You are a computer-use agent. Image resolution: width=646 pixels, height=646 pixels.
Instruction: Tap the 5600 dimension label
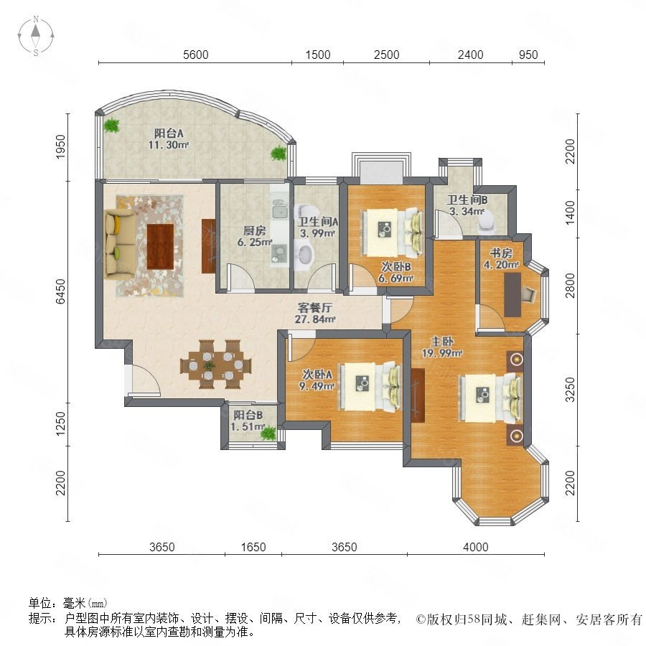(196, 55)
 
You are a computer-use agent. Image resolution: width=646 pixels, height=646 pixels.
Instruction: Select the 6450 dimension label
(60, 291)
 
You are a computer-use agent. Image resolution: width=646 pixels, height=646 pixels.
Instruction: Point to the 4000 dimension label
(475, 547)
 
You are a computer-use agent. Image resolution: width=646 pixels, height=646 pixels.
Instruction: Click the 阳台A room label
(169, 133)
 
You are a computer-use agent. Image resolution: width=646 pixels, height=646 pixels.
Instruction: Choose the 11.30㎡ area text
(169, 145)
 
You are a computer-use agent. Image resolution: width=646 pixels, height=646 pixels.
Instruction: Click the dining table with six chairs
(215, 364)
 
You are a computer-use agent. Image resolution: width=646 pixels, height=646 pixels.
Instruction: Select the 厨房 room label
(254, 230)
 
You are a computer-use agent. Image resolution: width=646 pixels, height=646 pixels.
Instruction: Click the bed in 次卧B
(392, 233)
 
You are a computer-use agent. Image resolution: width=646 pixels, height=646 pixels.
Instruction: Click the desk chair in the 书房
(528, 294)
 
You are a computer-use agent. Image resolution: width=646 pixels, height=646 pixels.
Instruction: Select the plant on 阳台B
(268, 433)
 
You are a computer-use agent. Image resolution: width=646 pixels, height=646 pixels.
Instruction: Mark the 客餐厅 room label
(315, 307)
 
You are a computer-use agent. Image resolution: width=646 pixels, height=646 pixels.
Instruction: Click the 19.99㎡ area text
(442, 353)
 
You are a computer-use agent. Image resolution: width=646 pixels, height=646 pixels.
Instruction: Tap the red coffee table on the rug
(160, 246)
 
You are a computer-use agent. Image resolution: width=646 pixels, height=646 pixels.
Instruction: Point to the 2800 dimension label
(570, 285)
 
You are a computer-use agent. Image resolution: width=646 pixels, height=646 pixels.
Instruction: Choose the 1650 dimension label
(253, 547)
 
